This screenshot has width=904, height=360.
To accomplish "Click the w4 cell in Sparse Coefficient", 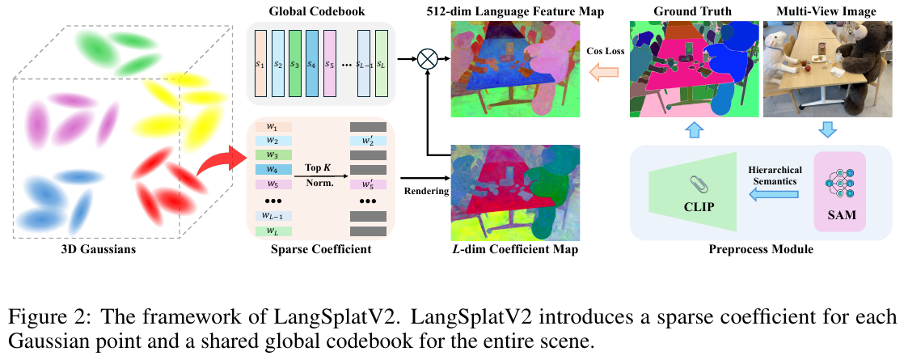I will (x=272, y=170).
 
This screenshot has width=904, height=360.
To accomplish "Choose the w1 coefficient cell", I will (x=272, y=127).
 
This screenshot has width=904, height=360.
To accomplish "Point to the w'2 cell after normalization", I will (x=368, y=142).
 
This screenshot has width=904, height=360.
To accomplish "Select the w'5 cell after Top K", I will (x=368, y=185).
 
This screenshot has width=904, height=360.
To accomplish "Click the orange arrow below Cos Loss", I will (x=602, y=74).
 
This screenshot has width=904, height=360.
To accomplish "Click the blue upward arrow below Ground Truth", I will (x=695, y=130).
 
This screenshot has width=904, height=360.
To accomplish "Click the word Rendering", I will (x=424, y=193).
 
